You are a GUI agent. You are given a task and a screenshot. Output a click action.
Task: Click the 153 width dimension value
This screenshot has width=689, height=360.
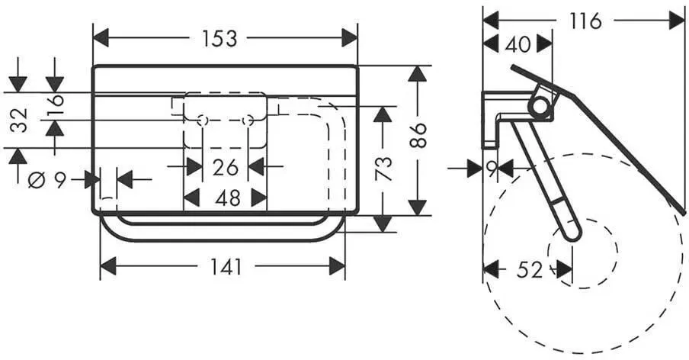[220, 39]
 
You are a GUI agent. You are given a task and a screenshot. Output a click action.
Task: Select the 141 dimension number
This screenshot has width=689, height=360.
[226, 267]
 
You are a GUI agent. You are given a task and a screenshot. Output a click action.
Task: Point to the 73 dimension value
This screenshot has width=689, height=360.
[383, 169]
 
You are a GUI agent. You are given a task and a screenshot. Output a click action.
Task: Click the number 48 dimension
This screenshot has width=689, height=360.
[228, 198]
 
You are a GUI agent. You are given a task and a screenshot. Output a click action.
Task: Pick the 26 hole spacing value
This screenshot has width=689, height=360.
[226, 168]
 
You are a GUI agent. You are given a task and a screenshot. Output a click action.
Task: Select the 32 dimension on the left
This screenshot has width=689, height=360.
[19, 120]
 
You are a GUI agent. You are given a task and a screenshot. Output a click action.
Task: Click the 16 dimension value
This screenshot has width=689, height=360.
[56, 104]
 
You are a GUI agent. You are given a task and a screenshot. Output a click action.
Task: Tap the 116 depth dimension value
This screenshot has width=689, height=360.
[585, 21]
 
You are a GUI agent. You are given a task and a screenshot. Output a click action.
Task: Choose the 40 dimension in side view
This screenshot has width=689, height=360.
[518, 44]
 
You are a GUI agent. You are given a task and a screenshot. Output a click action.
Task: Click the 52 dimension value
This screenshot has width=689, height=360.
[530, 270]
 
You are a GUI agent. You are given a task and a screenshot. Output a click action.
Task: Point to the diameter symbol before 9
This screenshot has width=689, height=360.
[37, 180]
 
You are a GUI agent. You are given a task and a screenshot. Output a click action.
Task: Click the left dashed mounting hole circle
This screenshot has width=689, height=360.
[203, 121]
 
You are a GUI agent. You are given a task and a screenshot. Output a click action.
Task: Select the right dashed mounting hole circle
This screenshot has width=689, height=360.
[248, 121]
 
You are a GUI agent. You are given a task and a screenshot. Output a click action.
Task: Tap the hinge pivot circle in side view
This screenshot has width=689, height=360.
[539, 106]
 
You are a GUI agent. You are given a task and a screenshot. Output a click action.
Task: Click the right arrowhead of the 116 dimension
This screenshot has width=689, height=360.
[677, 21]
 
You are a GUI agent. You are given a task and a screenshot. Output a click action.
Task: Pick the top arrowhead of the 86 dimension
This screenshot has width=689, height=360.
[417, 73]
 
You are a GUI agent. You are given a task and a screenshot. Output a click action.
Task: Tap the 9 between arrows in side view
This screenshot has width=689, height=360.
[492, 169]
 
